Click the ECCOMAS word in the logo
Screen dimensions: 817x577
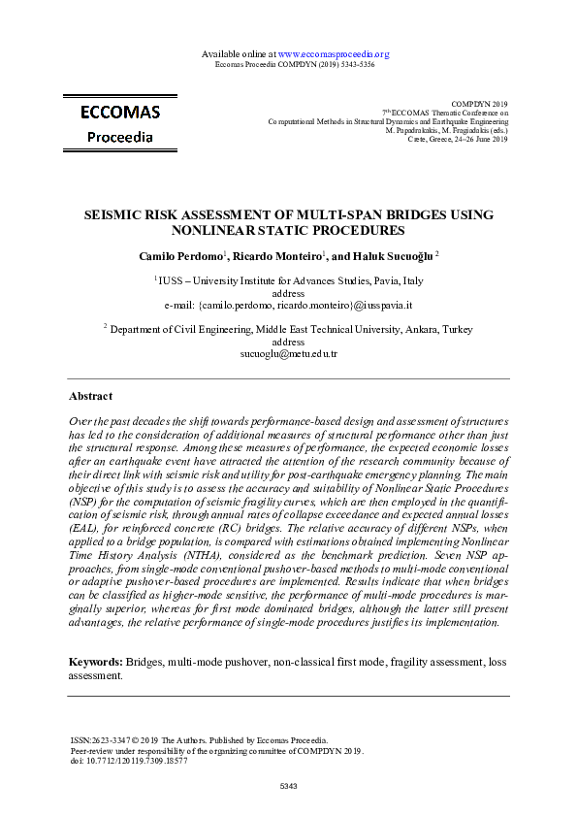[120, 113]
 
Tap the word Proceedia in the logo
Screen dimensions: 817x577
[120, 137]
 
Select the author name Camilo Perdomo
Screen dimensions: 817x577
[180, 255]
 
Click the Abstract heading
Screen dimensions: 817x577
[90, 396]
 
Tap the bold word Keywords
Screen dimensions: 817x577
[94, 662]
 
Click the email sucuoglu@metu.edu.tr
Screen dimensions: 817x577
[289, 354]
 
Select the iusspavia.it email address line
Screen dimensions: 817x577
[289, 304]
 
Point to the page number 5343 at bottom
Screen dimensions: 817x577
[289, 784]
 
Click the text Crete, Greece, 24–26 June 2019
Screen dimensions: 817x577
[460, 140]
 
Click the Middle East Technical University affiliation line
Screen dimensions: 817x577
[289, 330]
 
